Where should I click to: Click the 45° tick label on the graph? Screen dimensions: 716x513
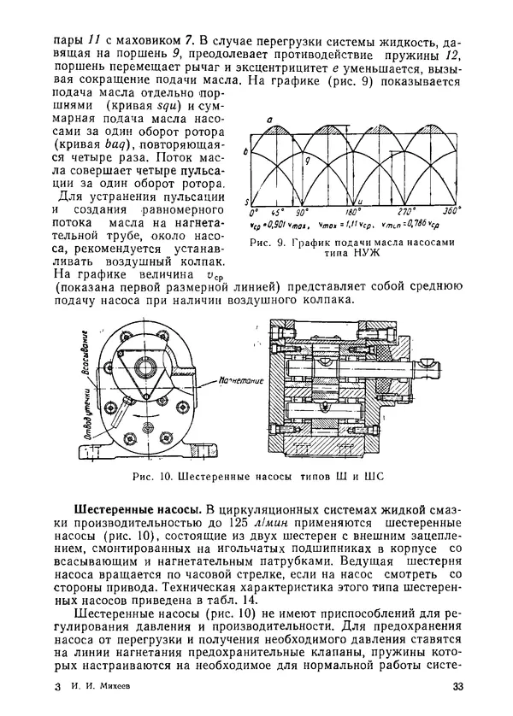[277, 211]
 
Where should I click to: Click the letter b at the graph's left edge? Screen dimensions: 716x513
[245, 151]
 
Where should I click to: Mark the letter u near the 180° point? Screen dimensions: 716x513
[360, 201]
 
